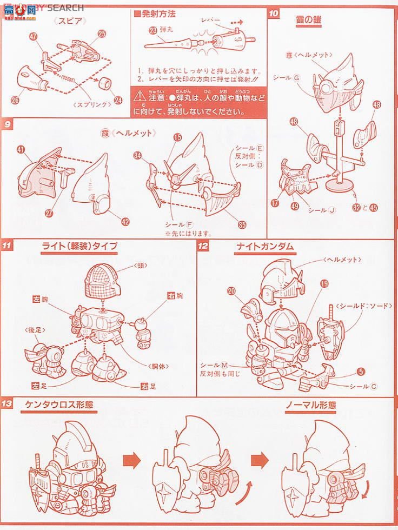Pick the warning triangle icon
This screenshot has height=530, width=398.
point(140,96)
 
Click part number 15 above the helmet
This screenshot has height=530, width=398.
point(177,138)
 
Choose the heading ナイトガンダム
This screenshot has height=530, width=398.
point(264,246)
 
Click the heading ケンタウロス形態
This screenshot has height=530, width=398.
point(59,405)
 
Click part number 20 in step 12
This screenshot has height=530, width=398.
point(231,291)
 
